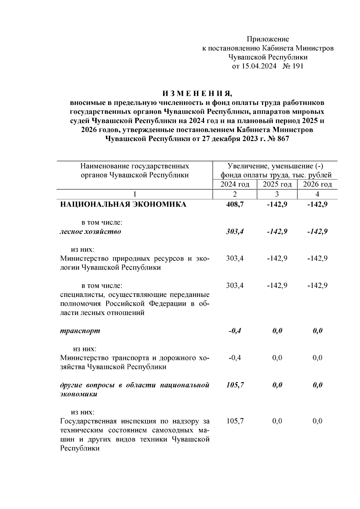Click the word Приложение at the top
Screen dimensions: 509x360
click(268, 39)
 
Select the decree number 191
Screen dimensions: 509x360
click(297, 66)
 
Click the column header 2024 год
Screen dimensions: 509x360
click(235, 184)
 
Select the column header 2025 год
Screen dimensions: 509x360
click(277, 184)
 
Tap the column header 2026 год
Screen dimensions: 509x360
click(317, 184)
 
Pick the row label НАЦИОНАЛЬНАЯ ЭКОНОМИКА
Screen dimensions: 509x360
click(123, 205)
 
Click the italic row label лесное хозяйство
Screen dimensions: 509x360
click(91, 232)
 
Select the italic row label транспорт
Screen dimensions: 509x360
click(80, 331)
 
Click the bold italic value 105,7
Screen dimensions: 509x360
click(235, 385)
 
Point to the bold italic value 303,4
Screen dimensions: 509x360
click(235, 232)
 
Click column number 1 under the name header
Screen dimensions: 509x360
click(135, 194)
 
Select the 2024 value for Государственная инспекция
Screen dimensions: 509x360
click(235, 421)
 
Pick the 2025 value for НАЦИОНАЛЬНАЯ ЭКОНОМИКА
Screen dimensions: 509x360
click(277, 205)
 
